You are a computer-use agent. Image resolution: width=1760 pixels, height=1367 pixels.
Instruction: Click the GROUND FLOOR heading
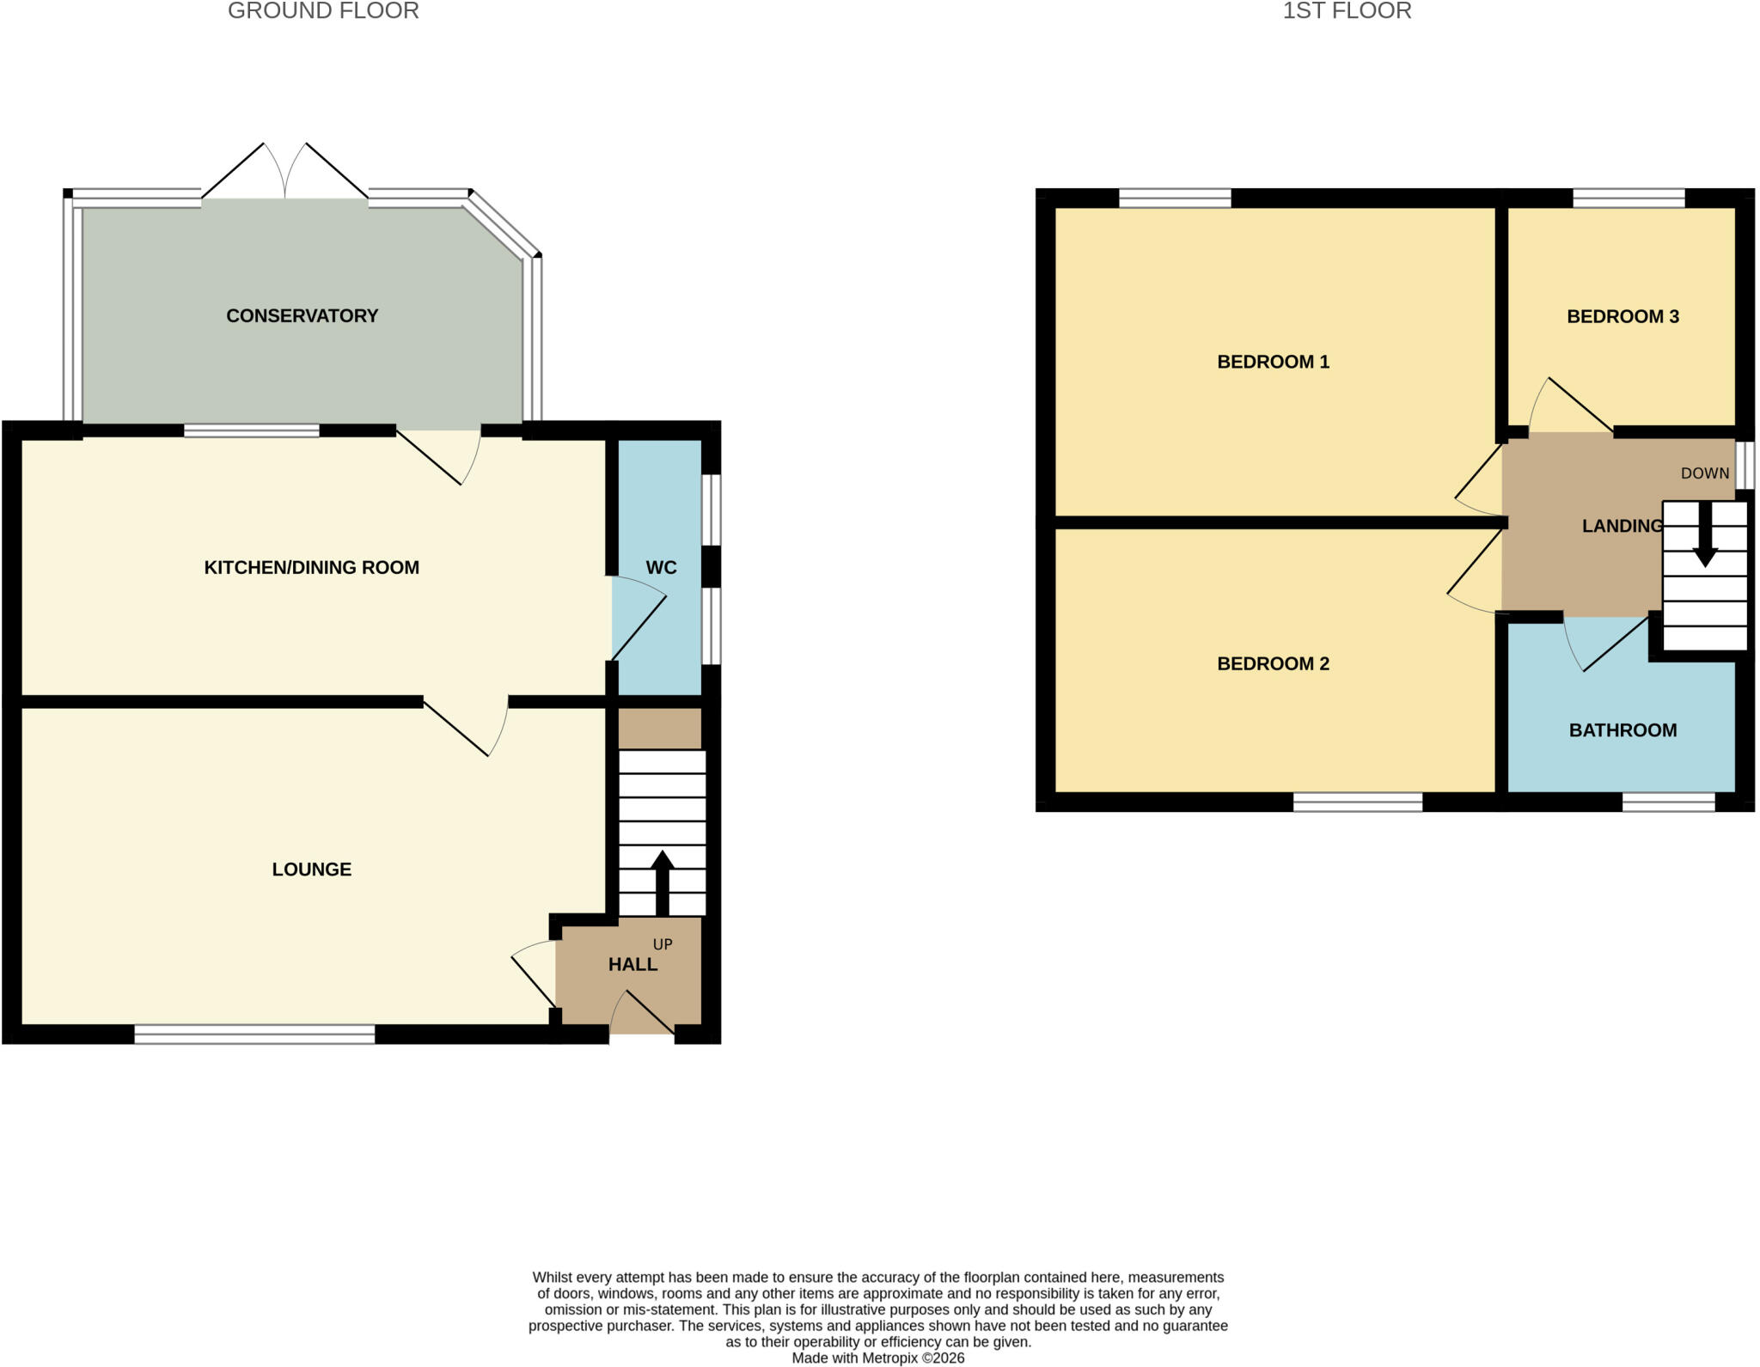pos(323,11)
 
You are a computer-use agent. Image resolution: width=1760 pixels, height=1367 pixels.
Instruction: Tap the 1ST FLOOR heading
pos(1347,11)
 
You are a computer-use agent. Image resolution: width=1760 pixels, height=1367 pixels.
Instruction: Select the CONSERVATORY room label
pos(302,316)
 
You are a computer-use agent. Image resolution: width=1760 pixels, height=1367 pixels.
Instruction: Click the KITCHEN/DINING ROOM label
pos(311,568)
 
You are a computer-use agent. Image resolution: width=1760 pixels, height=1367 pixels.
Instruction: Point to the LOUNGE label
pos(312,870)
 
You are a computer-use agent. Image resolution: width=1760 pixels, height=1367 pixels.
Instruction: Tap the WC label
pos(661,568)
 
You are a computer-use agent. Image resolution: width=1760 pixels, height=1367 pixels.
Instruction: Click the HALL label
pos(633,965)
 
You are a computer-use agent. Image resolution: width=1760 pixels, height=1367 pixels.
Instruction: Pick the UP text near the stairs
pos(663,944)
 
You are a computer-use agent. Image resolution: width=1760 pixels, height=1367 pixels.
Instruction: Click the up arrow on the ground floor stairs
pos(662,883)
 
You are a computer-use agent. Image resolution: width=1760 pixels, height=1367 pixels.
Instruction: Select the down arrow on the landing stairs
pos(1705,534)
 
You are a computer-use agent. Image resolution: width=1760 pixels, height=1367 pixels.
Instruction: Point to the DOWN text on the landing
pos(1705,473)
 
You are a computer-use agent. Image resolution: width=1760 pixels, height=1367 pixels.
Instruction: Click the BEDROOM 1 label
pos(1274,363)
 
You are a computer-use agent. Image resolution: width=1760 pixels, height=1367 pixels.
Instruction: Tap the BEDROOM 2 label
pos(1274,664)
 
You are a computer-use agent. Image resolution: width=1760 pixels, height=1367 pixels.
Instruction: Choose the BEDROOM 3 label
pos(1622,317)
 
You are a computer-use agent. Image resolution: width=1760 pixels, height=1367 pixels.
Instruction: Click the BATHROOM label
pos(1622,731)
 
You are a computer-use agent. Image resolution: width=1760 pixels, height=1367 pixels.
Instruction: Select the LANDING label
pos(1622,527)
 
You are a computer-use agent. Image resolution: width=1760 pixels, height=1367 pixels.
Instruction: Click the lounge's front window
pos(255,1034)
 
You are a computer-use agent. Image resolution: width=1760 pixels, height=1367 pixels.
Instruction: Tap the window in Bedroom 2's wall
pos(1358,803)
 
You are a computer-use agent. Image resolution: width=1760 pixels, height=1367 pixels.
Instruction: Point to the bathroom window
pos(1669,803)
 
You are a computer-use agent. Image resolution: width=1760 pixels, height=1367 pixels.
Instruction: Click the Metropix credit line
pos(878,1358)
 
